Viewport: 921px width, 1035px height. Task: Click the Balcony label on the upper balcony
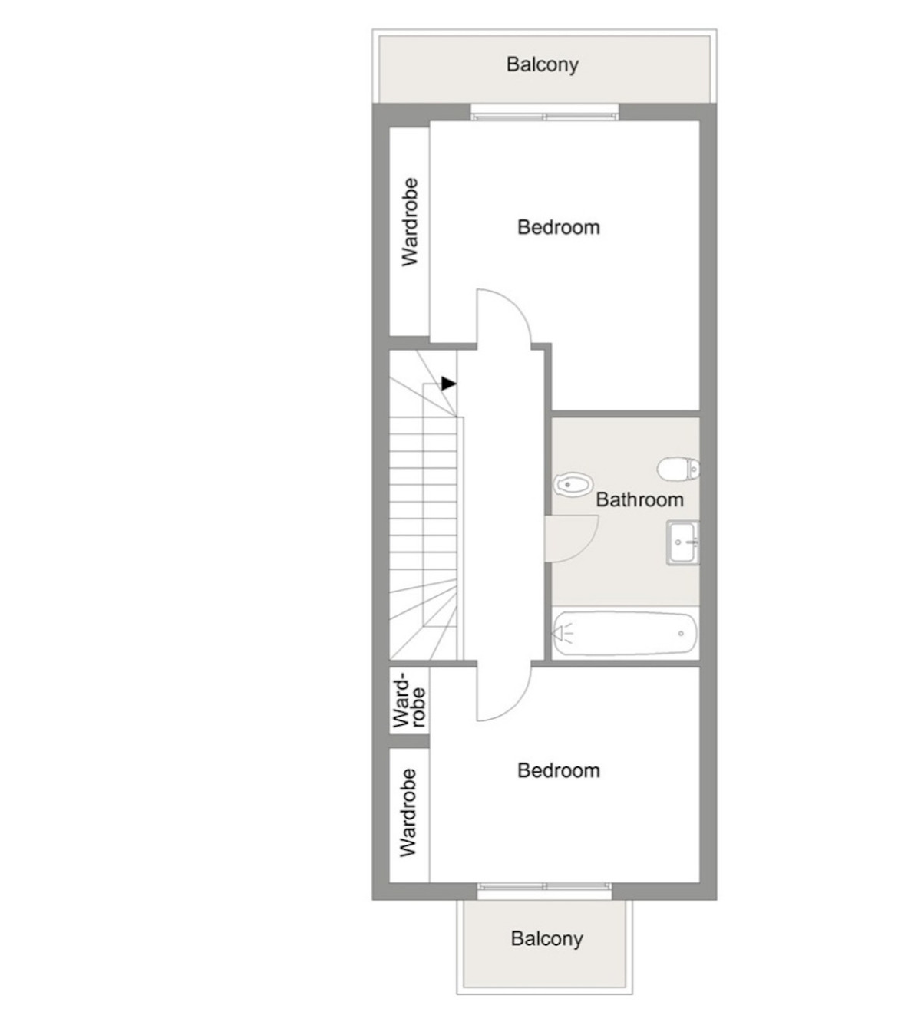pos(543,65)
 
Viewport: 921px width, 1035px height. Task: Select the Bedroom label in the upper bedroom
pos(559,227)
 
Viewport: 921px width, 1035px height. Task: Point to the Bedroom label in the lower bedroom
pos(559,770)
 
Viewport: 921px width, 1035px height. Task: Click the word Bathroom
pos(640,499)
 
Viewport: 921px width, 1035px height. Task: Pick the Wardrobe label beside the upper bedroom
pos(410,222)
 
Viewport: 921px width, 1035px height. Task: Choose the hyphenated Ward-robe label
pos(409,701)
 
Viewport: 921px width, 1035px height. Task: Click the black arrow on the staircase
pos(449,384)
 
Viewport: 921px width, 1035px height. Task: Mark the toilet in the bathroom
pos(678,469)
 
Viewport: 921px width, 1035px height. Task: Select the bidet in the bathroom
pos(573,483)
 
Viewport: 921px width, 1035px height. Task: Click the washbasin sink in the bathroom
pos(683,542)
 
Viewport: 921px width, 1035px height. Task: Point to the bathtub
pos(625,633)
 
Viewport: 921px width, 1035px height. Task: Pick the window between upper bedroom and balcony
pos(544,113)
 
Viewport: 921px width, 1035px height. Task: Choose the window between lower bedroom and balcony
pos(545,891)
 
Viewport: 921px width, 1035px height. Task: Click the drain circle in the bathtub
pos(681,634)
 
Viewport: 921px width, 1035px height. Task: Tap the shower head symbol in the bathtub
pos(563,634)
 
